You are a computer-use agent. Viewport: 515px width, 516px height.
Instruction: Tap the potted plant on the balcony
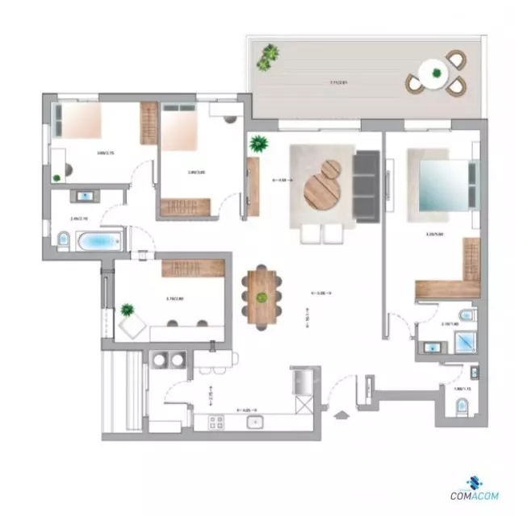pos(268,57)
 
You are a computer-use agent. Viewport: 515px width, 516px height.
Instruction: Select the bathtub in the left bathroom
pos(98,239)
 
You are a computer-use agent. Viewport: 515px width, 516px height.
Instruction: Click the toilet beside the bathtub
pos(62,239)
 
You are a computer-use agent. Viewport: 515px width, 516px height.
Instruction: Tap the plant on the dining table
pos(262,298)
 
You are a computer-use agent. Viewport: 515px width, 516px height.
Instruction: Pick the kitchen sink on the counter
pos(256,421)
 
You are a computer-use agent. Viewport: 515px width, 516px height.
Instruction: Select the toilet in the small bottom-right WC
pos(459,410)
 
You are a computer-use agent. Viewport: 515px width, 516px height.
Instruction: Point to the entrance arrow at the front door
pos(341,416)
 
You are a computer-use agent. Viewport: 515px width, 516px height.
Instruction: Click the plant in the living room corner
pos(259,145)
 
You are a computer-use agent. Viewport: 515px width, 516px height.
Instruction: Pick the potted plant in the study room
pos(127,310)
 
